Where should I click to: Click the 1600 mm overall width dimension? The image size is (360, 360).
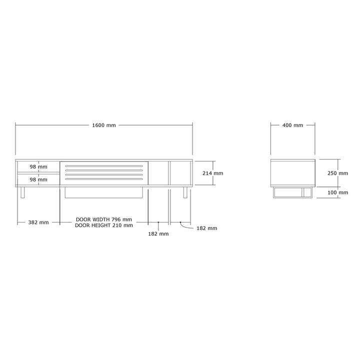point(104,125)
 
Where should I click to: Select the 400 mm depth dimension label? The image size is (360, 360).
point(292,125)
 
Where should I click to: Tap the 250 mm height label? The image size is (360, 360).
point(337,173)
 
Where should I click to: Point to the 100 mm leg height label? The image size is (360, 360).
point(337,192)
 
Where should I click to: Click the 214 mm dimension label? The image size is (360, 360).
point(212,173)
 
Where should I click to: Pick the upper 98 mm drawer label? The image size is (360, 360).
point(38,166)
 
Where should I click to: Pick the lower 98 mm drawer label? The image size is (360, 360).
point(38,179)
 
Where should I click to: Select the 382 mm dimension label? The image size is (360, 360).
point(38,222)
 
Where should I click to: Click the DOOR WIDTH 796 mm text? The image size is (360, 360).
point(104,219)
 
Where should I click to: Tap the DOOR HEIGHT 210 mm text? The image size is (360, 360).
point(104,225)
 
